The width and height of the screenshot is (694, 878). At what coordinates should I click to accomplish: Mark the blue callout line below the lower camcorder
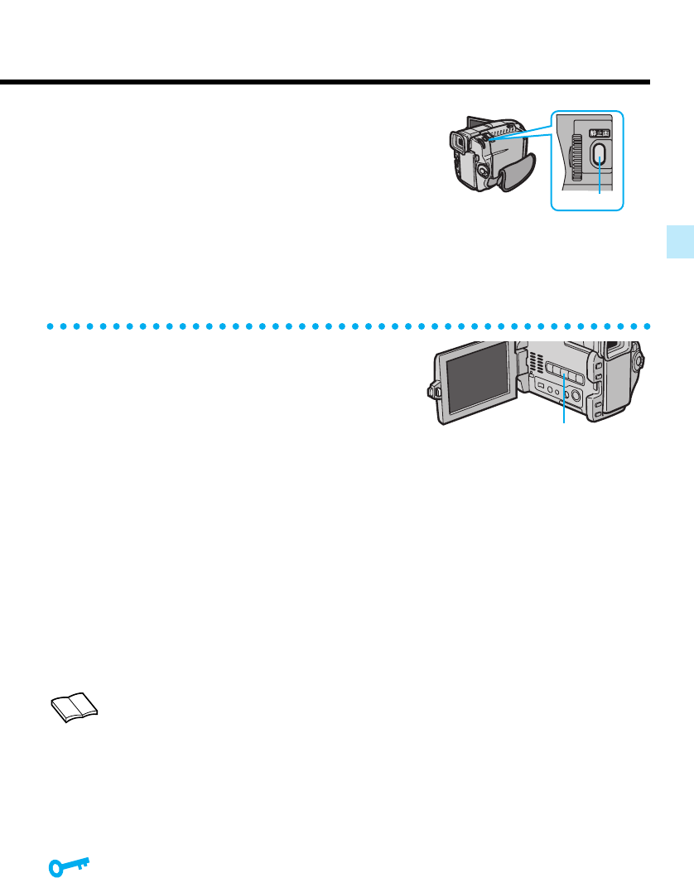click(565, 408)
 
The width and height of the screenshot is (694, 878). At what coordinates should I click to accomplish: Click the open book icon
click(74, 707)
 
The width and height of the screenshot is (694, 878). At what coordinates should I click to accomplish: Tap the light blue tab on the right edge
click(682, 246)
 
